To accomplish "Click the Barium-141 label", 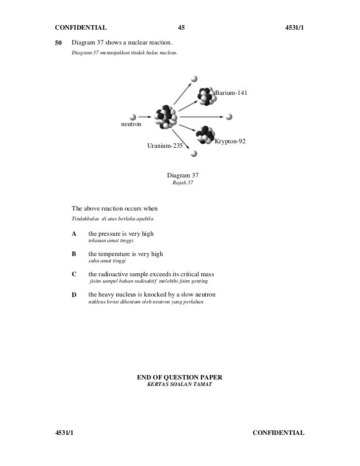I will click(231, 93).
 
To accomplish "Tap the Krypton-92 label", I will click(230, 142).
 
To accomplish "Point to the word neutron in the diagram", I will click(131, 124).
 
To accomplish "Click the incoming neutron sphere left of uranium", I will click(133, 117).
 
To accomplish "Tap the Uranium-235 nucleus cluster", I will click(166, 117).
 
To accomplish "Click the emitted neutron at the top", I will click(194, 79).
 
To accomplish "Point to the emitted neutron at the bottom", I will click(194, 154).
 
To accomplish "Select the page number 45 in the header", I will click(180, 28).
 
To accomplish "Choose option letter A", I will click(74, 233).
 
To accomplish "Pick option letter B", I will click(74, 254).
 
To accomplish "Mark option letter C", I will click(74, 274).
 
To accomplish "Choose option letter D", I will click(74, 295).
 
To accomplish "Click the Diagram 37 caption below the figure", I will click(182, 175).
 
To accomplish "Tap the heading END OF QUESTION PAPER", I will click(180, 378).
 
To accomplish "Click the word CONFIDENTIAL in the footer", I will click(278, 433).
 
